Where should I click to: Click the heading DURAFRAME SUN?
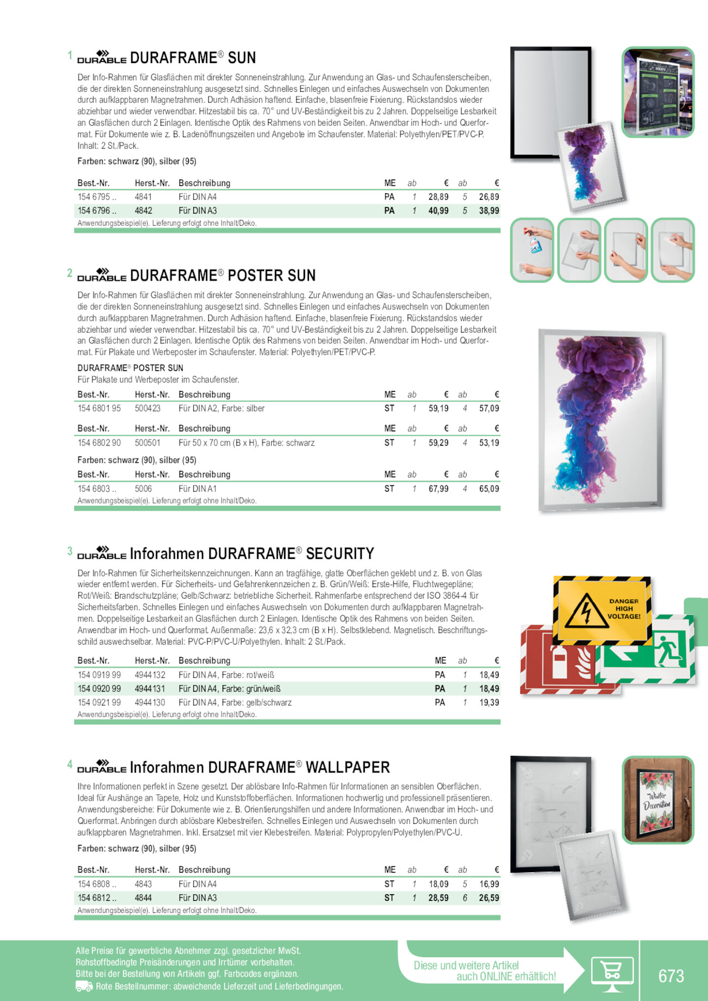point(193,58)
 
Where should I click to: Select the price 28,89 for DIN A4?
point(438,197)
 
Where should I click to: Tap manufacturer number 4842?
point(143,211)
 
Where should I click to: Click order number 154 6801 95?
point(99,408)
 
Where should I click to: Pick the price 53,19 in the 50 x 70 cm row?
point(489,443)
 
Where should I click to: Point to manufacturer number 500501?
point(147,443)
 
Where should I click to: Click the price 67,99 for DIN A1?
point(438,489)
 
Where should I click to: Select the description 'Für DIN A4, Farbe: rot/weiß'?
point(226,675)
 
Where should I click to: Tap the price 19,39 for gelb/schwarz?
point(489,703)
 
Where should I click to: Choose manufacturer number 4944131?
point(150,689)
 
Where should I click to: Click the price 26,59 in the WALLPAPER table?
point(489,898)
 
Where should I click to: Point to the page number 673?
point(671,976)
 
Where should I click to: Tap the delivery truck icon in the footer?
point(84,986)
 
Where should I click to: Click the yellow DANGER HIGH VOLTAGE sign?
point(602,609)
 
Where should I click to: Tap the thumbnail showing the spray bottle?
point(532,250)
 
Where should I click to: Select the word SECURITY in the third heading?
point(340,554)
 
